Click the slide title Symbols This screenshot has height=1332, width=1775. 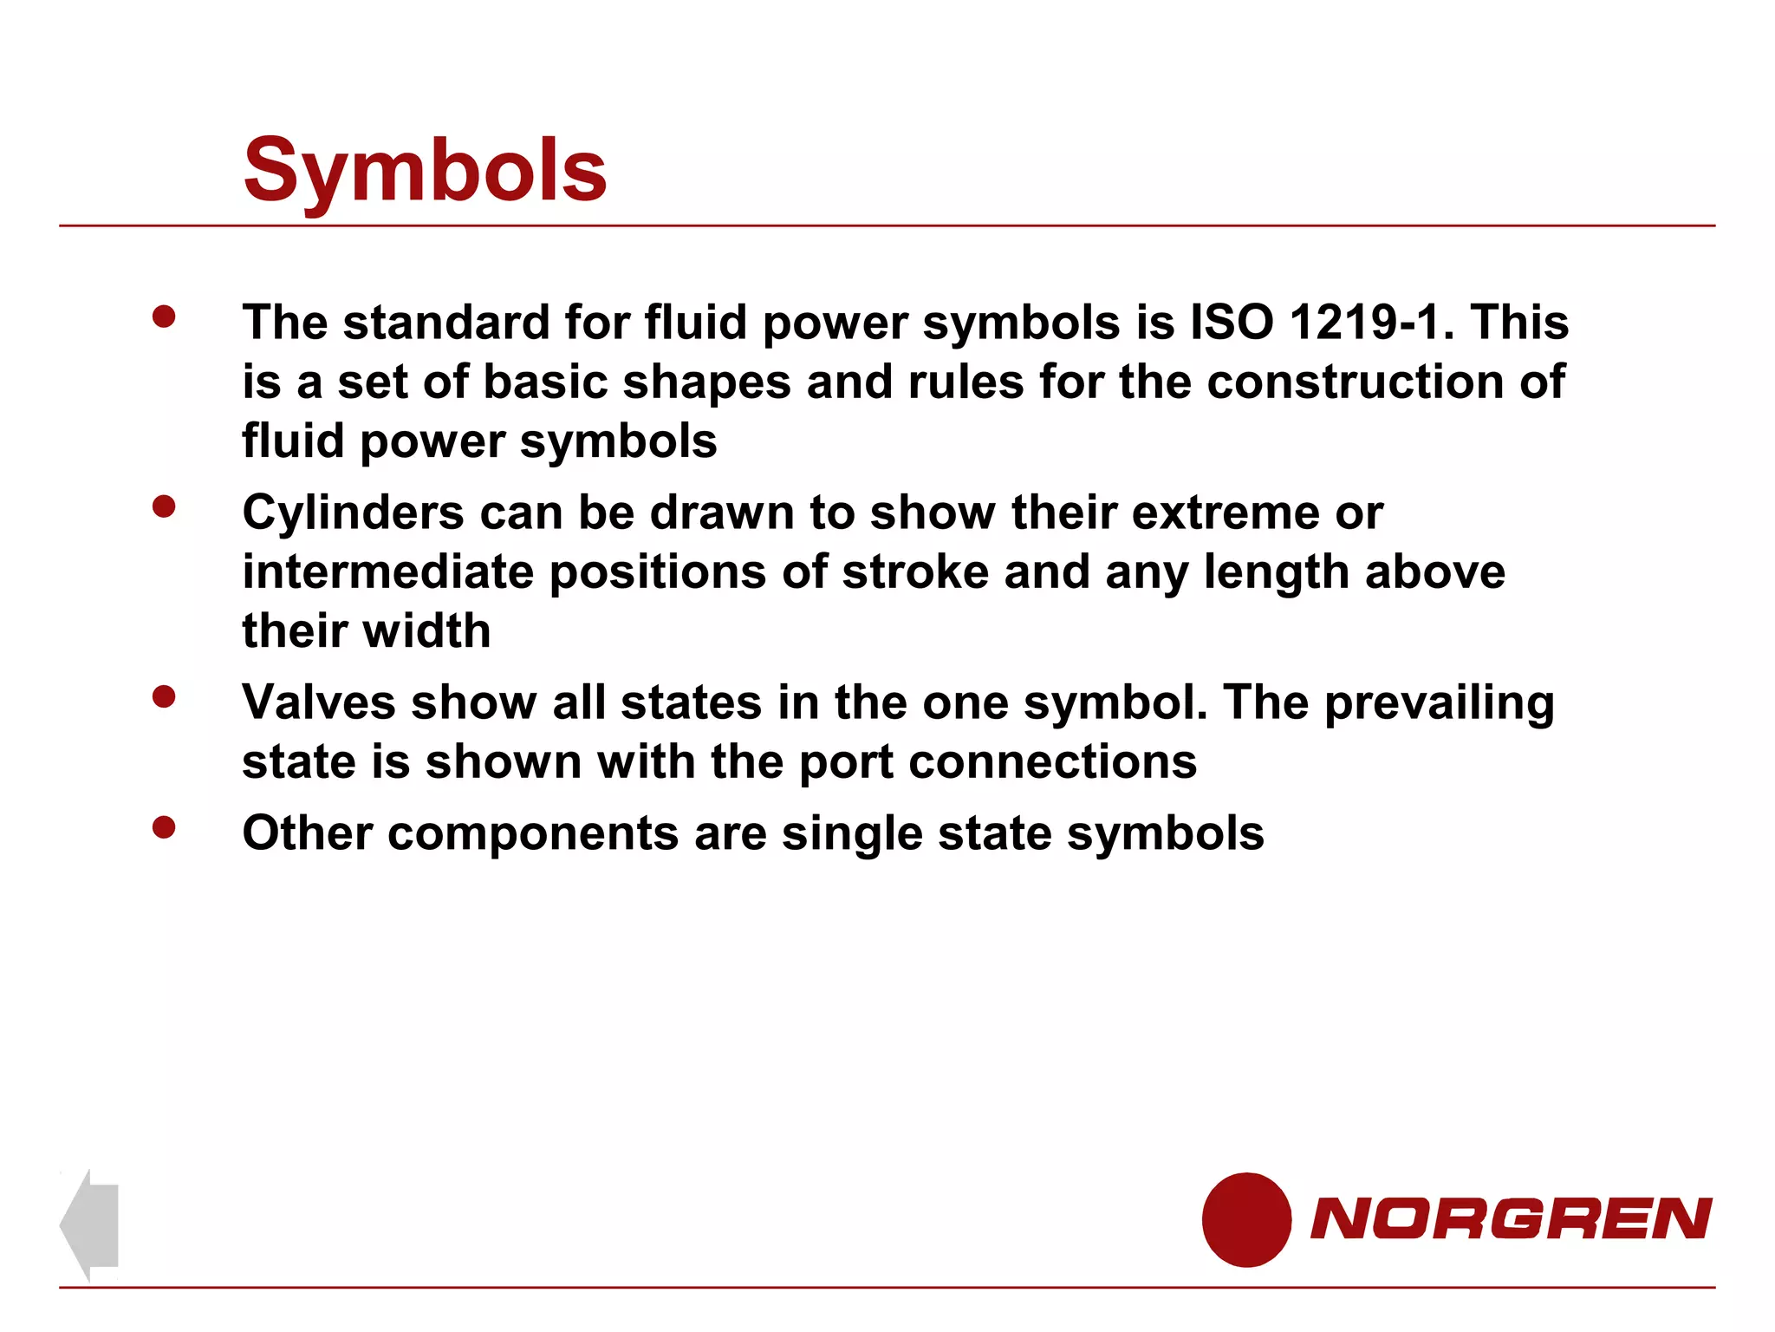point(425,171)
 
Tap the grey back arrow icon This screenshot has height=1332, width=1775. point(89,1224)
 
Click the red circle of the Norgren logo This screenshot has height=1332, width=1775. point(1246,1219)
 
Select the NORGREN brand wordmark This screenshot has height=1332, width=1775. point(1511,1218)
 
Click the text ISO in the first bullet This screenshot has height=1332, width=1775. point(1232,323)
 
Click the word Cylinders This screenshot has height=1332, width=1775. point(353,513)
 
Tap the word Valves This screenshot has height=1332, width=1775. point(319,702)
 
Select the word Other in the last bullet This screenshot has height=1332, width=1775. point(307,833)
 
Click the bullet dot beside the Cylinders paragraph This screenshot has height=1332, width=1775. point(164,506)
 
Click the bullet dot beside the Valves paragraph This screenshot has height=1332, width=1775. point(164,696)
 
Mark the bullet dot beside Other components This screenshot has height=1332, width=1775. point(164,827)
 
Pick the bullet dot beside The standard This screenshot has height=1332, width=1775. point(164,317)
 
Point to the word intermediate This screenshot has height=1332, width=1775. point(387,572)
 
